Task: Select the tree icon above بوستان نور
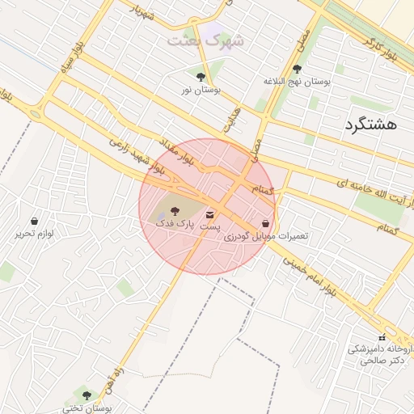200,77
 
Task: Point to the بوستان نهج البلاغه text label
298,82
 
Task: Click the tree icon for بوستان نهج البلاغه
298,70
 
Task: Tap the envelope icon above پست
211,215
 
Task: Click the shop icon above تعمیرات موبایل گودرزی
265,223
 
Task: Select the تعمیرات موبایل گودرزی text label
265,236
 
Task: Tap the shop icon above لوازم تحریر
34,221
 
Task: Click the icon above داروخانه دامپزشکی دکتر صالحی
382,337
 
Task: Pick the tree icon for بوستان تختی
87,395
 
